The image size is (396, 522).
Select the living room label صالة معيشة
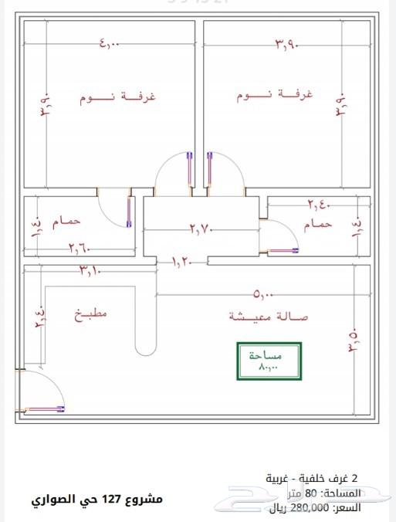coord(269,317)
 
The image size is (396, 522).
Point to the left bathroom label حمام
coord(66,222)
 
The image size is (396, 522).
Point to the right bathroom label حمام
coord(318,224)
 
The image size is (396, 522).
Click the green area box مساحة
coord(267,361)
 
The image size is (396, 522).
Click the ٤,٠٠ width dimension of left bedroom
coord(109,45)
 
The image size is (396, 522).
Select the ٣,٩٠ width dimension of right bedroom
coord(286,46)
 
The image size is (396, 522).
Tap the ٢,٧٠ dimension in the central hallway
coord(201,229)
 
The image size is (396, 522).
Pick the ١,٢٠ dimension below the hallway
coord(183,262)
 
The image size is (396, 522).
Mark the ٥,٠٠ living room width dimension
coord(261,294)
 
